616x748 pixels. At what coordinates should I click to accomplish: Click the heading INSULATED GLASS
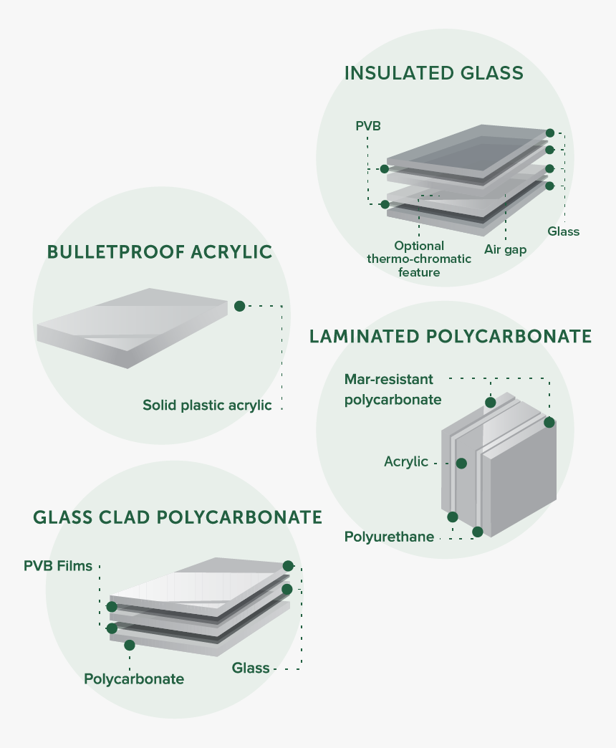[x=433, y=73]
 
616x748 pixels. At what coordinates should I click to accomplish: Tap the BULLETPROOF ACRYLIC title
[x=160, y=252]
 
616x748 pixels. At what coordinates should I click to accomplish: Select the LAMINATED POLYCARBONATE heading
[x=451, y=337]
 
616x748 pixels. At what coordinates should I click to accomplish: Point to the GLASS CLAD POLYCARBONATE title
[x=178, y=517]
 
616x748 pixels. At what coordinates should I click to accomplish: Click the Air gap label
[x=505, y=249]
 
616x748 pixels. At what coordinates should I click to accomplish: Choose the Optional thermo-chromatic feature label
[x=419, y=259]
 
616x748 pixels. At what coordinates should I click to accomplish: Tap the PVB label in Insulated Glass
[x=367, y=126]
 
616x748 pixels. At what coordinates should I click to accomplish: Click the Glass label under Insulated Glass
[x=563, y=231]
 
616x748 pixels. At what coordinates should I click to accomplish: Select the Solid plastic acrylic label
[x=207, y=406]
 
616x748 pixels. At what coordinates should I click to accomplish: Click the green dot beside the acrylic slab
[x=239, y=306]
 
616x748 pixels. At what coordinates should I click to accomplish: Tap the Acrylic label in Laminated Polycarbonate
[x=405, y=462]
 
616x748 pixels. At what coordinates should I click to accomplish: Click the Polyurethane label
[x=389, y=537]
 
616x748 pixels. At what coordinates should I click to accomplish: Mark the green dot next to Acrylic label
[x=461, y=464]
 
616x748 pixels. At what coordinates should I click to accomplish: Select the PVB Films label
[x=58, y=566]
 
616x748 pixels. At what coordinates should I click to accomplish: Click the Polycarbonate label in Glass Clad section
[x=134, y=679]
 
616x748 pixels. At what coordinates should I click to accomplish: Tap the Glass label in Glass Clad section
[x=251, y=668]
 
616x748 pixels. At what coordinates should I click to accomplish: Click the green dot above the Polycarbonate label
[x=130, y=645]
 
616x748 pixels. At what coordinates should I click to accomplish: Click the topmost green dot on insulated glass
[x=550, y=133]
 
